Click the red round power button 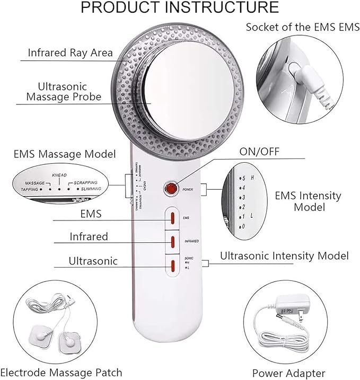(x=171, y=188)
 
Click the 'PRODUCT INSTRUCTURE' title (x=180, y=7)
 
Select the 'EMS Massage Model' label (x=64, y=154)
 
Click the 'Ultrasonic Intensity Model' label (x=284, y=256)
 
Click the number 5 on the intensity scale (x=243, y=178)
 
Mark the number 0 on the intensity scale (x=243, y=226)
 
